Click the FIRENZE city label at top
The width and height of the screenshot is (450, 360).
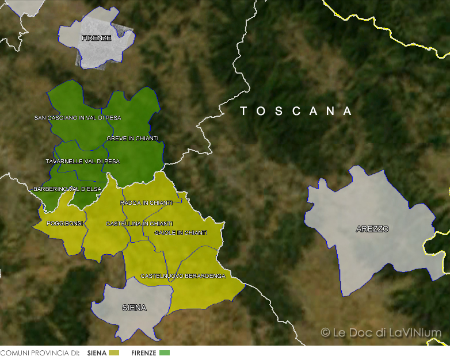96,38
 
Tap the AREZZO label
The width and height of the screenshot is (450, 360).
372,229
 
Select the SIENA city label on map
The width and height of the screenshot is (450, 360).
134,308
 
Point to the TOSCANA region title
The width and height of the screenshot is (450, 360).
296,111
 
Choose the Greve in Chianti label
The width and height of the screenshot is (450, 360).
132,139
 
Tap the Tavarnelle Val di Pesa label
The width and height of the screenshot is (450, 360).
83,162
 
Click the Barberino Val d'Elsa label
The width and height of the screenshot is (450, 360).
67,189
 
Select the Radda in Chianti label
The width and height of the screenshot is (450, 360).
146,203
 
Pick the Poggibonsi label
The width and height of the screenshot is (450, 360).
65,223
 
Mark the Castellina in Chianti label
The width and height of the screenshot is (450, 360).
139,223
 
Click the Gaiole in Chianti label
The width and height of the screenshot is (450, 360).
181,233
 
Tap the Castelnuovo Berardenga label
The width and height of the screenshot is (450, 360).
183,276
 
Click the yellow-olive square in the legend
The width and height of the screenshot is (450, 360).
114,353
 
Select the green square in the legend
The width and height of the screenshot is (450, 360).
165,353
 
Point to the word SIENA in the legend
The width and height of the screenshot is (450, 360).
97,353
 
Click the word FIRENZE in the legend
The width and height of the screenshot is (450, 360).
143,353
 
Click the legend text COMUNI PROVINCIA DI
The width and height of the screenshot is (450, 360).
40,353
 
